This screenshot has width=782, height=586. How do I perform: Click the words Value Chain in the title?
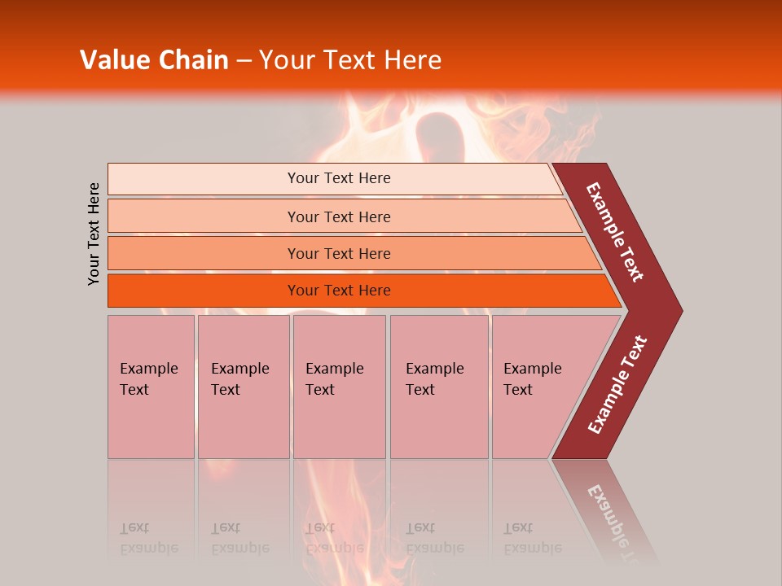[x=154, y=60]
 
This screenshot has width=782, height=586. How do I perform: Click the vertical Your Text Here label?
[x=94, y=234]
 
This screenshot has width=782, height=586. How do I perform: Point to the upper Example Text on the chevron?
[x=615, y=232]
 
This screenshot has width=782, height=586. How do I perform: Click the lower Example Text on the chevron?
[x=617, y=384]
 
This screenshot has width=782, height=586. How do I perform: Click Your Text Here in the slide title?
[x=350, y=60]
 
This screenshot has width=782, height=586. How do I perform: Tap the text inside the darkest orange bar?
[x=339, y=291]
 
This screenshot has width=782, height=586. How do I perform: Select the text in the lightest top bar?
[x=339, y=178]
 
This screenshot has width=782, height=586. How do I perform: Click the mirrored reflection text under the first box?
[x=148, y=538]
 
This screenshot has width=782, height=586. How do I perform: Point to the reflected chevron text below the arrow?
[x=613, y=513]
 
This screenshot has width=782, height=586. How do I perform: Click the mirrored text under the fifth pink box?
[x=532, y=538]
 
